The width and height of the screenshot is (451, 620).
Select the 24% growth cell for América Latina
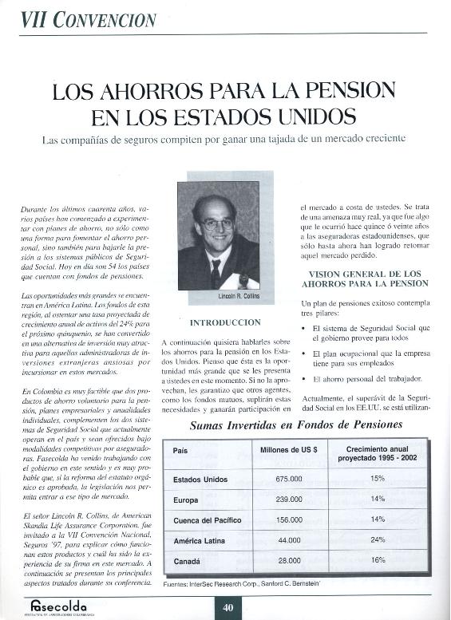(378, 540)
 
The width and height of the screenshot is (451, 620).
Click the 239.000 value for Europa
(289, 499)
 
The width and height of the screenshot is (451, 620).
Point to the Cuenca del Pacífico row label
(207, 519)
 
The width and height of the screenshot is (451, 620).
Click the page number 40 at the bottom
(227, 607)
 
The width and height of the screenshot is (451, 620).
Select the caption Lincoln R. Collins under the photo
(239, 296)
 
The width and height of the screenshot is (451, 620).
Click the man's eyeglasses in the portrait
(219, 224)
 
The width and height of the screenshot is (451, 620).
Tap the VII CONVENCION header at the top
(88, 19)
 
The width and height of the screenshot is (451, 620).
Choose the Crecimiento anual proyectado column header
(377, 454)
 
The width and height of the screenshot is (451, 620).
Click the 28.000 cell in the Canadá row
(289, 561)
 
